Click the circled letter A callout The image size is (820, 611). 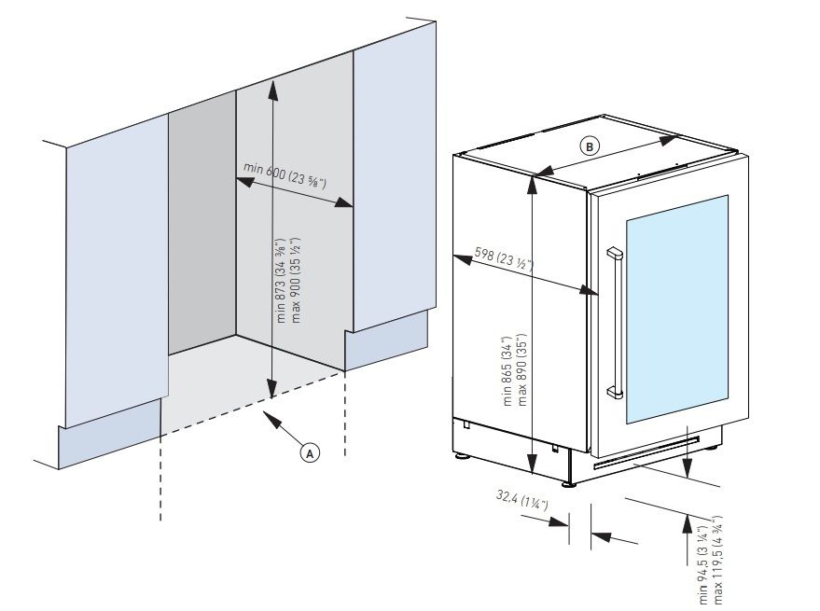309,451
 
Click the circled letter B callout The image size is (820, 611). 589,146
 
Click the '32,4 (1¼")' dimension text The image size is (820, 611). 521,504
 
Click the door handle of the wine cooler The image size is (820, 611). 614,322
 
